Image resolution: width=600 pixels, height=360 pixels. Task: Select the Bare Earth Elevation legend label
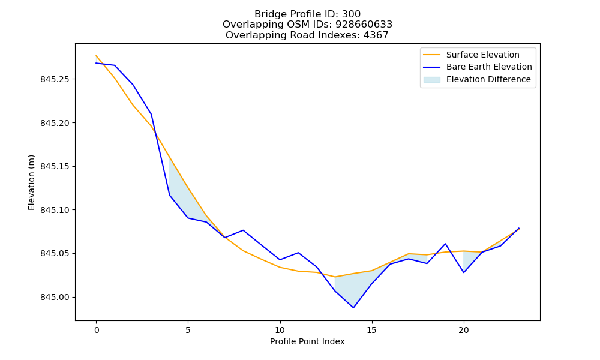click(489, 67)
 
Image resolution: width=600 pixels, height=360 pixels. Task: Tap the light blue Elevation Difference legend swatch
click(431, 80)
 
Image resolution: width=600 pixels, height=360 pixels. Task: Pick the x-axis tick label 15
click(371, 330)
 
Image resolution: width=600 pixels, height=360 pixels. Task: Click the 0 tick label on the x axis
click(96, 330)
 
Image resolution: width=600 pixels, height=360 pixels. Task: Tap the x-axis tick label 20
click(464, 330)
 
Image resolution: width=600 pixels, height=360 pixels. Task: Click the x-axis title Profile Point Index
click(307, 341)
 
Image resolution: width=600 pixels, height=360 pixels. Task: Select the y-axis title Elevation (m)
click(31, 182)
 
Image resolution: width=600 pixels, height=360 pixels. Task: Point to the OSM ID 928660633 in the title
click(364, 25)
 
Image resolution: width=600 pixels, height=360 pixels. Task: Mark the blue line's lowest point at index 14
click(353, 308)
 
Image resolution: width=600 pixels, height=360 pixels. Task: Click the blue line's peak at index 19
click(445, 244)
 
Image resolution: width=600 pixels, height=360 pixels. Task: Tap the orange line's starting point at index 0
click(96, 55)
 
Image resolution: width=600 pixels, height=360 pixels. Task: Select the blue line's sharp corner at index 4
click(170, 196)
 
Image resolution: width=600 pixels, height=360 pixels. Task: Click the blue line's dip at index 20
click(464, 272)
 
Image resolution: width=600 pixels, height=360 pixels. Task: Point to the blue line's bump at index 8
click(243, 230)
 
